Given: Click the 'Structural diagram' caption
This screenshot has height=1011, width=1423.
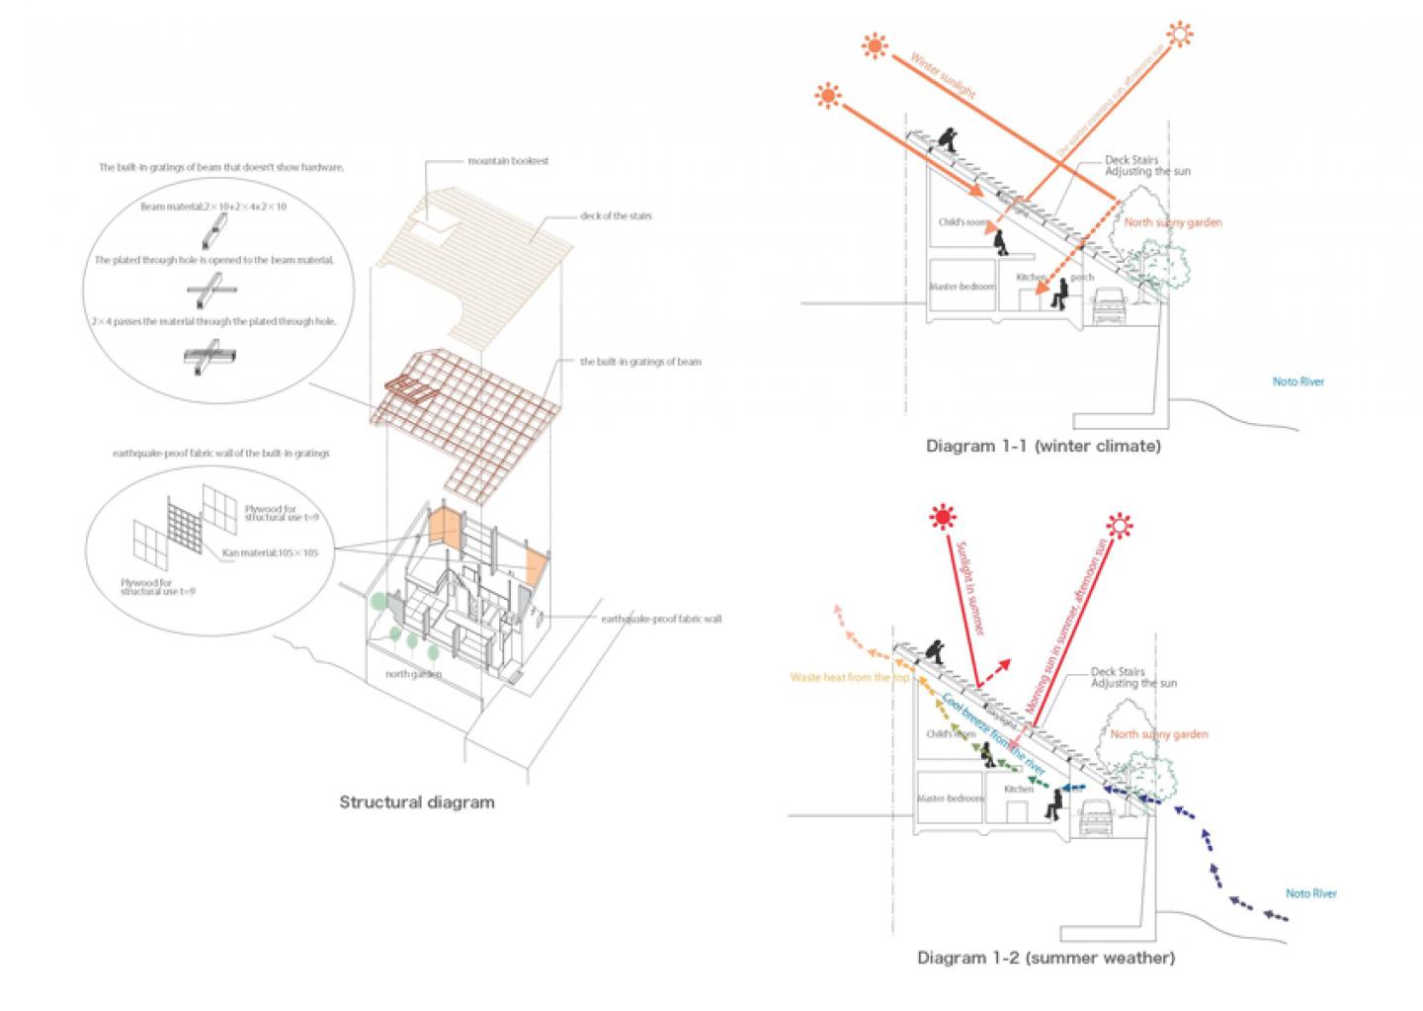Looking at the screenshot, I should click(x=416, y=801).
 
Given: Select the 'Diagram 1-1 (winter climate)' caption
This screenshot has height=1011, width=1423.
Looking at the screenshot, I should click(x=1043, y=446).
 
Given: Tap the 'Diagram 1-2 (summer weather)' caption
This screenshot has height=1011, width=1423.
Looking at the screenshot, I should click(x=1046, y=957).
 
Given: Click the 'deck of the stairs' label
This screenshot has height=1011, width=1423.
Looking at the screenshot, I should click(x=617, y=215).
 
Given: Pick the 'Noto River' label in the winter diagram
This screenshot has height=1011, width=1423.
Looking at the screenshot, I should click(x=1297, y=381).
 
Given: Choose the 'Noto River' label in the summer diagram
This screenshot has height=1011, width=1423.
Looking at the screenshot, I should click(x=1310, y=893).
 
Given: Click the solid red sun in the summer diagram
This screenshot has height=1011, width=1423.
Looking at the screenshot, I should click(x=943, y=517).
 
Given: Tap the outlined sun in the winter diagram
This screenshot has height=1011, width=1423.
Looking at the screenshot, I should click(x=1178, y=36).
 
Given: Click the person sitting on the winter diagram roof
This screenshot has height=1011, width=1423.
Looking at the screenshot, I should click(x=948, y=140).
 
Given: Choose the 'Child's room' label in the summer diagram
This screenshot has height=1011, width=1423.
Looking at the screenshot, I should click(x=951, y=734).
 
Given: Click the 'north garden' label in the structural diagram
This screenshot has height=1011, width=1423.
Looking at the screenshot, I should click(x=413, y=674).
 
